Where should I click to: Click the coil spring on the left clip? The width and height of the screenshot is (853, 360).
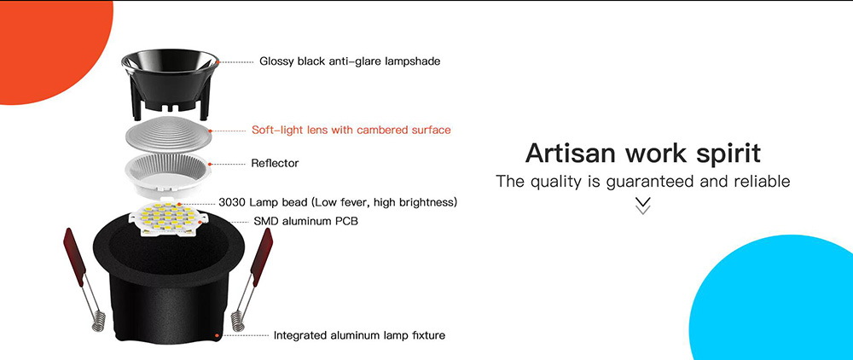click(96, 322)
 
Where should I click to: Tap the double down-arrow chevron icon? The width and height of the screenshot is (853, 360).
click(643, 206)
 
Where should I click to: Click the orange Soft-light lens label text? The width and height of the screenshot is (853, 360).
click(351, 131)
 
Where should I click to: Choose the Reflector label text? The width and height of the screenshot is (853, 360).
click(275, 163)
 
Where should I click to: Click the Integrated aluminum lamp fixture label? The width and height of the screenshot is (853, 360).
click(359, 335)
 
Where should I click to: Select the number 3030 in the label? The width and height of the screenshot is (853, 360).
click(234, 202)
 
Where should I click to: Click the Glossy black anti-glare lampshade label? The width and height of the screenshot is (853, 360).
click(350, 61)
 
